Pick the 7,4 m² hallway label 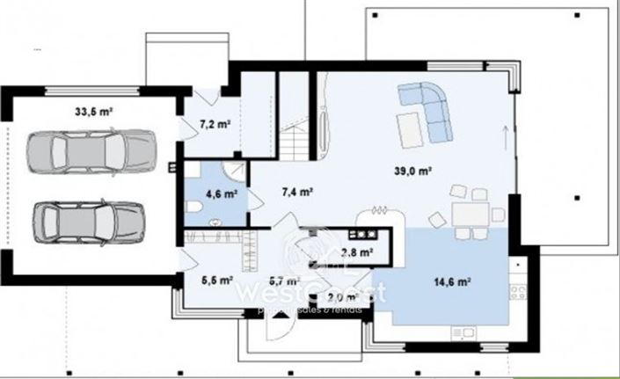297,190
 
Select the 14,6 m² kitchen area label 453,282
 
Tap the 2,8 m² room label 355,253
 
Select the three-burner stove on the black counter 361,235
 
